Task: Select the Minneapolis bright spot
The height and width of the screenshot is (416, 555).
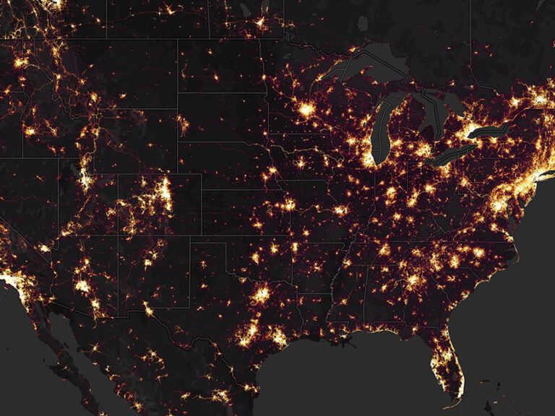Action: [307, 110]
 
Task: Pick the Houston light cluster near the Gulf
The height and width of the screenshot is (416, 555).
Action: [277, 336]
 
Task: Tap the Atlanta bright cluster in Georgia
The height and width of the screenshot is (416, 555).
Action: [413, 279]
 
